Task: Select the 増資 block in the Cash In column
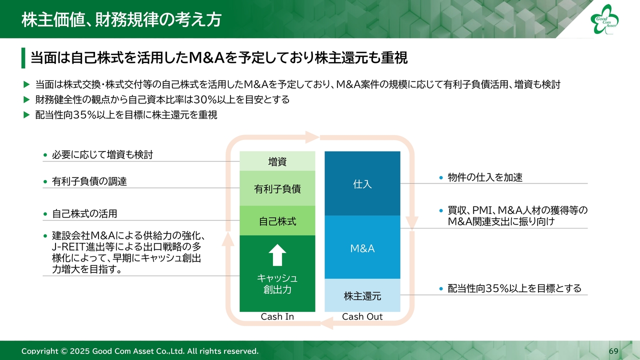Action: (277, 161)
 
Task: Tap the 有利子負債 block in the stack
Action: (277, 188)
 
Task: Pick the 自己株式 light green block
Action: (277, 220)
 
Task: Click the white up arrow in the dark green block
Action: (277, 255)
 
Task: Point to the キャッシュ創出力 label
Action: (277, 283)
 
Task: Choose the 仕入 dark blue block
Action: (362, 183)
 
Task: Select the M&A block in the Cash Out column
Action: (362, 248)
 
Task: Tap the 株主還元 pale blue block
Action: (362, 296)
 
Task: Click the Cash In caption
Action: (277, 316)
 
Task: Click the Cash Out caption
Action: (362, 316)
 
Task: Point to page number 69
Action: (613, 351)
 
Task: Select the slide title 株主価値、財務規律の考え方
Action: (121, 19)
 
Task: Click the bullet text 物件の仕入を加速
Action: (485, 177)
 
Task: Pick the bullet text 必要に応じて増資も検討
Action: (102, 155)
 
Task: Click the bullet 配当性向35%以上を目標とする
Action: (514, 288)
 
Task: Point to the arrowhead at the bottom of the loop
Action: (327, 324)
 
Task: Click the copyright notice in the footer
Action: (140, 351)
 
